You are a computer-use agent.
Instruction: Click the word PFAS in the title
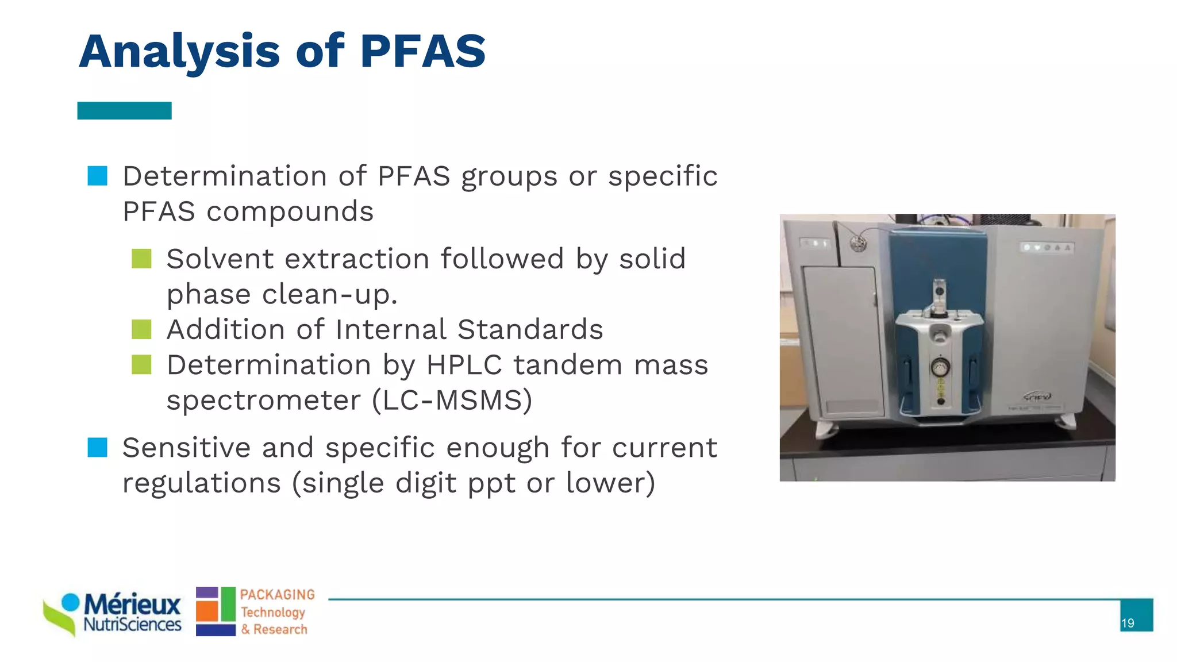[x=422, y=52]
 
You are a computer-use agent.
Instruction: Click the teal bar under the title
[x=124, y=110]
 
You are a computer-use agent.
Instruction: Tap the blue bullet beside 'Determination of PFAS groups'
[x=97, y=176]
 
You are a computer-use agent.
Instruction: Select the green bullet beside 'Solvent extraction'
[x=141, y=259]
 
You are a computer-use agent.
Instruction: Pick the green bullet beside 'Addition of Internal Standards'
[x=141, y=329]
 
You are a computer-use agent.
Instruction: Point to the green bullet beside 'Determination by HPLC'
[x=141, y=364]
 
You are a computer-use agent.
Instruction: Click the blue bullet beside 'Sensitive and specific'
[x=97, y=447]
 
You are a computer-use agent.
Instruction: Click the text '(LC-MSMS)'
[x=452, y=400]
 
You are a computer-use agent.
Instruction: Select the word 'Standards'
[x=530, y=329]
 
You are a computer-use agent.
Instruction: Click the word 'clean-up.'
[x=330, y=294]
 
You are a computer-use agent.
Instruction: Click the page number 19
[x=1128, y=623]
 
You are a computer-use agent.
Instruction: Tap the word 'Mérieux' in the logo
[x=132, y=605]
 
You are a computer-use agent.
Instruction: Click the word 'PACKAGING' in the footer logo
[x=278, y=595]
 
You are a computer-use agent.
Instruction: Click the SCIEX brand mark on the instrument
[x=1037, y=397]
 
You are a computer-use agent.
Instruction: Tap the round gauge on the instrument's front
[x=940, y=366]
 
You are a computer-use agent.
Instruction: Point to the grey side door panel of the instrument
[x=843, y=342]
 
